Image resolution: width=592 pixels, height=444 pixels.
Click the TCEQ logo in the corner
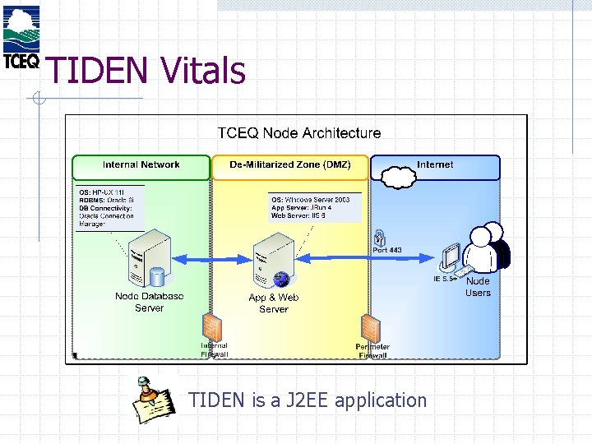point(20,37)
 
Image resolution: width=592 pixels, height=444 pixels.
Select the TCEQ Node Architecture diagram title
point(298,132)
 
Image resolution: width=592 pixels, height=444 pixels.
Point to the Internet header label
point(435,165)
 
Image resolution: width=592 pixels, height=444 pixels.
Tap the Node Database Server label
point(149,302)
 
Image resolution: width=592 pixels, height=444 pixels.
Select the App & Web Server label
point(273,303)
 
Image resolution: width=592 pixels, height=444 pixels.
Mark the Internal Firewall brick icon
point(212,326)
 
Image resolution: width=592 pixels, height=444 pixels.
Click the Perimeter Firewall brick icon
point(372,328)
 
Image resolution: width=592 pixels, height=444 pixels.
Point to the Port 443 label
point(387,250)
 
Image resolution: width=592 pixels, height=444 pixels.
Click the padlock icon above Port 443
point(379,236)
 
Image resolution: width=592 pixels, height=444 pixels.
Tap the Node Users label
point(478,287)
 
